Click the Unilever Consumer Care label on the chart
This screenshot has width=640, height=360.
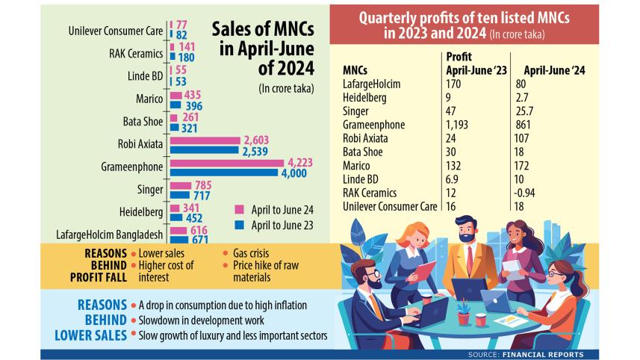pos(115,30)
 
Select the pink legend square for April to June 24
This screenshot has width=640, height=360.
pos(240,208)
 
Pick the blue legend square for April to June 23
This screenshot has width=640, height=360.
pos(240,223)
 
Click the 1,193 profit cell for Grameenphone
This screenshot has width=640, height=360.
pos(456,125)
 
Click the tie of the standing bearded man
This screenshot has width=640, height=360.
pos(469,258)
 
